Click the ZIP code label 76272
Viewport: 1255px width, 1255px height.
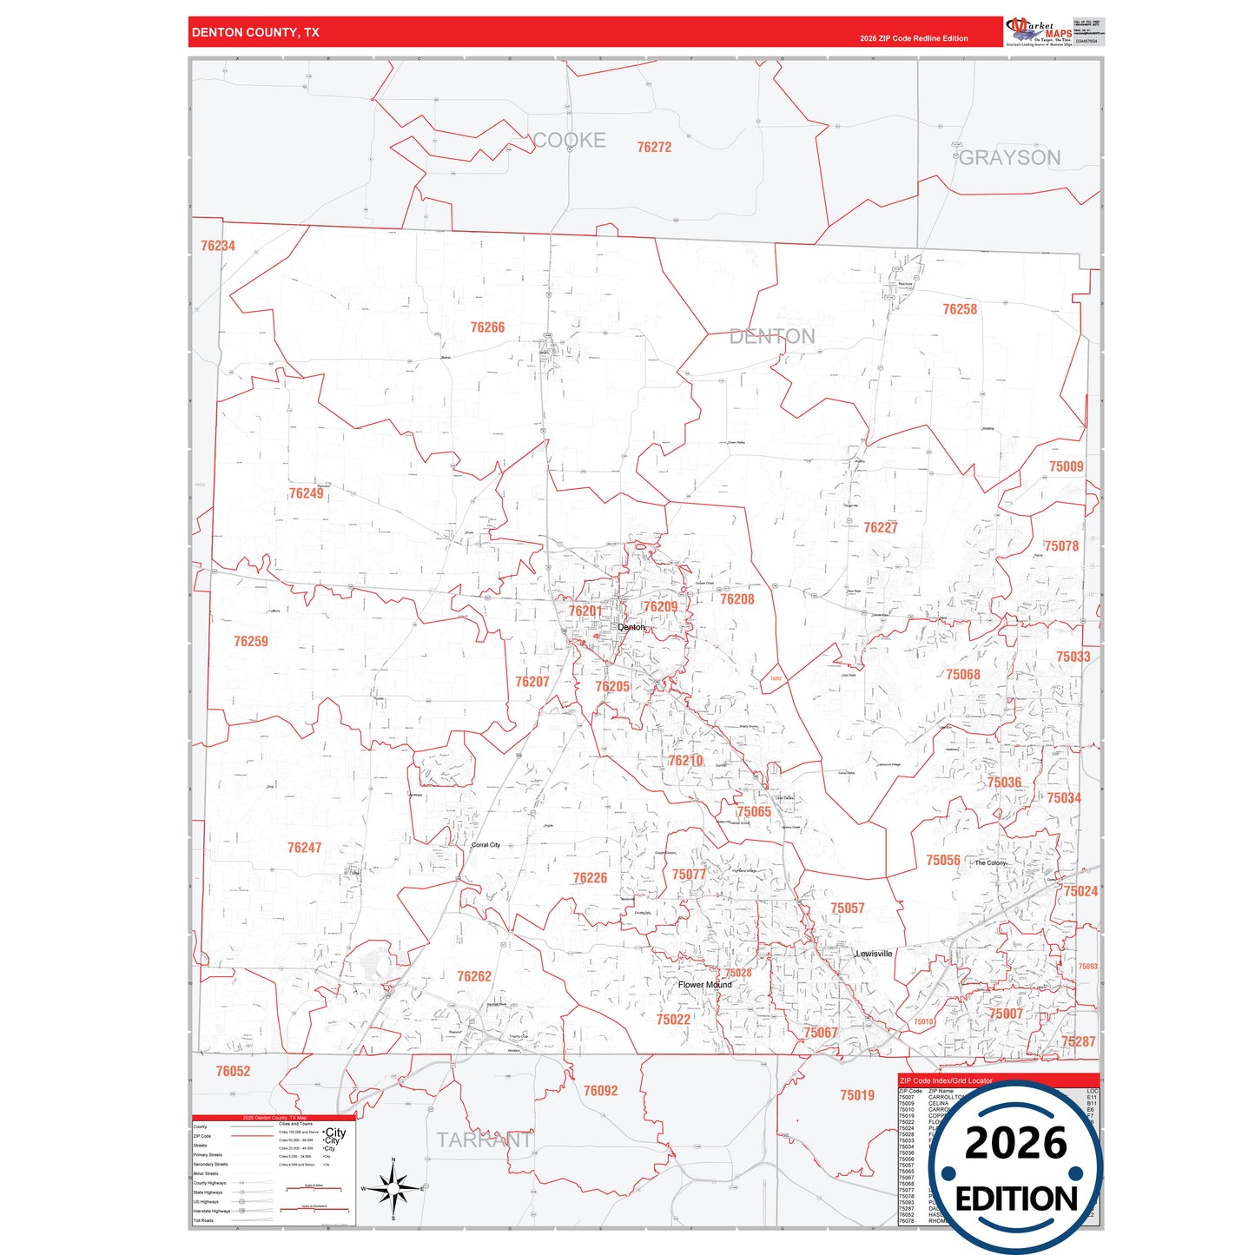654,148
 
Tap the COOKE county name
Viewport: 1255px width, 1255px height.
570,141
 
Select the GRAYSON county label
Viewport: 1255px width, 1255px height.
1010,158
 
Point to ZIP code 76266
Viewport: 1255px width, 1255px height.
487,327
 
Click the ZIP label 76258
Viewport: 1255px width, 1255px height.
960,309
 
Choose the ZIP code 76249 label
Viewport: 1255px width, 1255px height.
306,493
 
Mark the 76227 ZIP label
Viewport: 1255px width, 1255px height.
881,528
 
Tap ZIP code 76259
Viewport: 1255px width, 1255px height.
251,642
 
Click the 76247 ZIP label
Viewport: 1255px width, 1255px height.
304,848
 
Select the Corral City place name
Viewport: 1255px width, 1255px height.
485,845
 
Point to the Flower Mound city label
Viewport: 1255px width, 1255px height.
704,985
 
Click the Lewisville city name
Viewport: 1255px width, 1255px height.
874,954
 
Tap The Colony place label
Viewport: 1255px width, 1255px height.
990,863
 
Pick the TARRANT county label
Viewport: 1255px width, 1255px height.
485,1140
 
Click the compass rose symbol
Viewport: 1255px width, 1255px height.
393,1189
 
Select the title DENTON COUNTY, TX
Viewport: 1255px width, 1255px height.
255,33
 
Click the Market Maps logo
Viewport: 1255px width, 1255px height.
1039,32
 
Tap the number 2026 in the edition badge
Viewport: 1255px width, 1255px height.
1015,1143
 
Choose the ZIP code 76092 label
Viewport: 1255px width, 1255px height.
600,1091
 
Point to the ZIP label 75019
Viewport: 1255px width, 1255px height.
856,1096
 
